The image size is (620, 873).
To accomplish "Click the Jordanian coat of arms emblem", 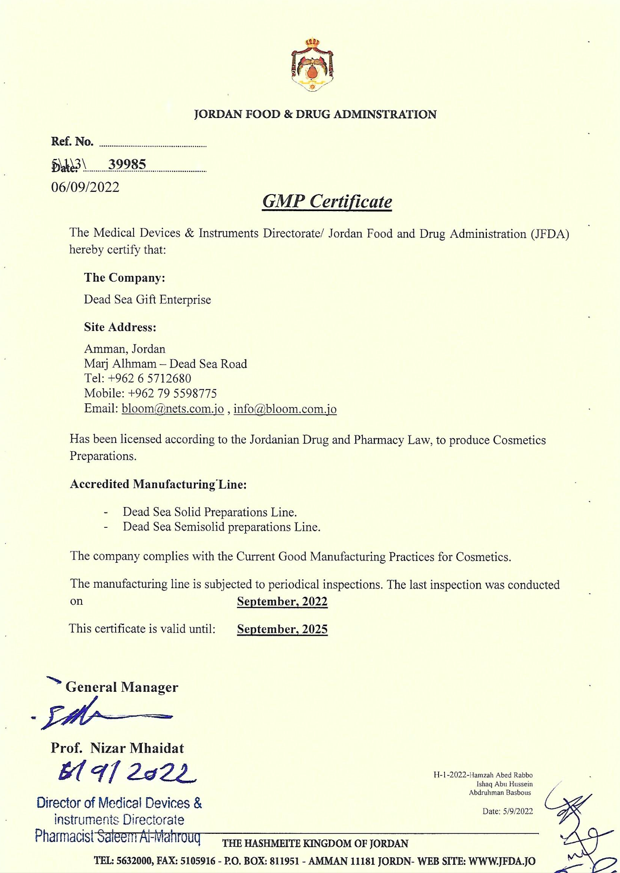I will pos(312,65).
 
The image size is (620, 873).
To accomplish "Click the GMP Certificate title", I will pos(327,201).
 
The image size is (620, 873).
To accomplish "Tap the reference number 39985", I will pos(127,164).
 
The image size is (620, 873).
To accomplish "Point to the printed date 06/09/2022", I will pos(85,187).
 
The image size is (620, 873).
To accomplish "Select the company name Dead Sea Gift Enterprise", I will pos(147,300).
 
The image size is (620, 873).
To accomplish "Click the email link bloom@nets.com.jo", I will pos(173,409).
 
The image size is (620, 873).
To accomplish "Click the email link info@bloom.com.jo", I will pos(285,409).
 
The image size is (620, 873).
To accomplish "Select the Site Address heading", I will pos(120,327).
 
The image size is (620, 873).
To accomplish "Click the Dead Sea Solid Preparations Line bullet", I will pos(210,512).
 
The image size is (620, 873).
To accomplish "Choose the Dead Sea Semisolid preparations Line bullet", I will pos(221,527).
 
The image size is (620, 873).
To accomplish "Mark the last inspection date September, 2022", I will pos(282,602).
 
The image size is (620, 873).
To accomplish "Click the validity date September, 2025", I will pos(282,629).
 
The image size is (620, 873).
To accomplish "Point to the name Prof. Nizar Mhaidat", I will pos(117,748).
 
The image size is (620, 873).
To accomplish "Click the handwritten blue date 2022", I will pos(127,773).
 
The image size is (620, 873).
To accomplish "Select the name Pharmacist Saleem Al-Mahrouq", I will pos(117,836).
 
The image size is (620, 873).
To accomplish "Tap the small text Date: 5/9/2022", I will pos(507,811).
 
